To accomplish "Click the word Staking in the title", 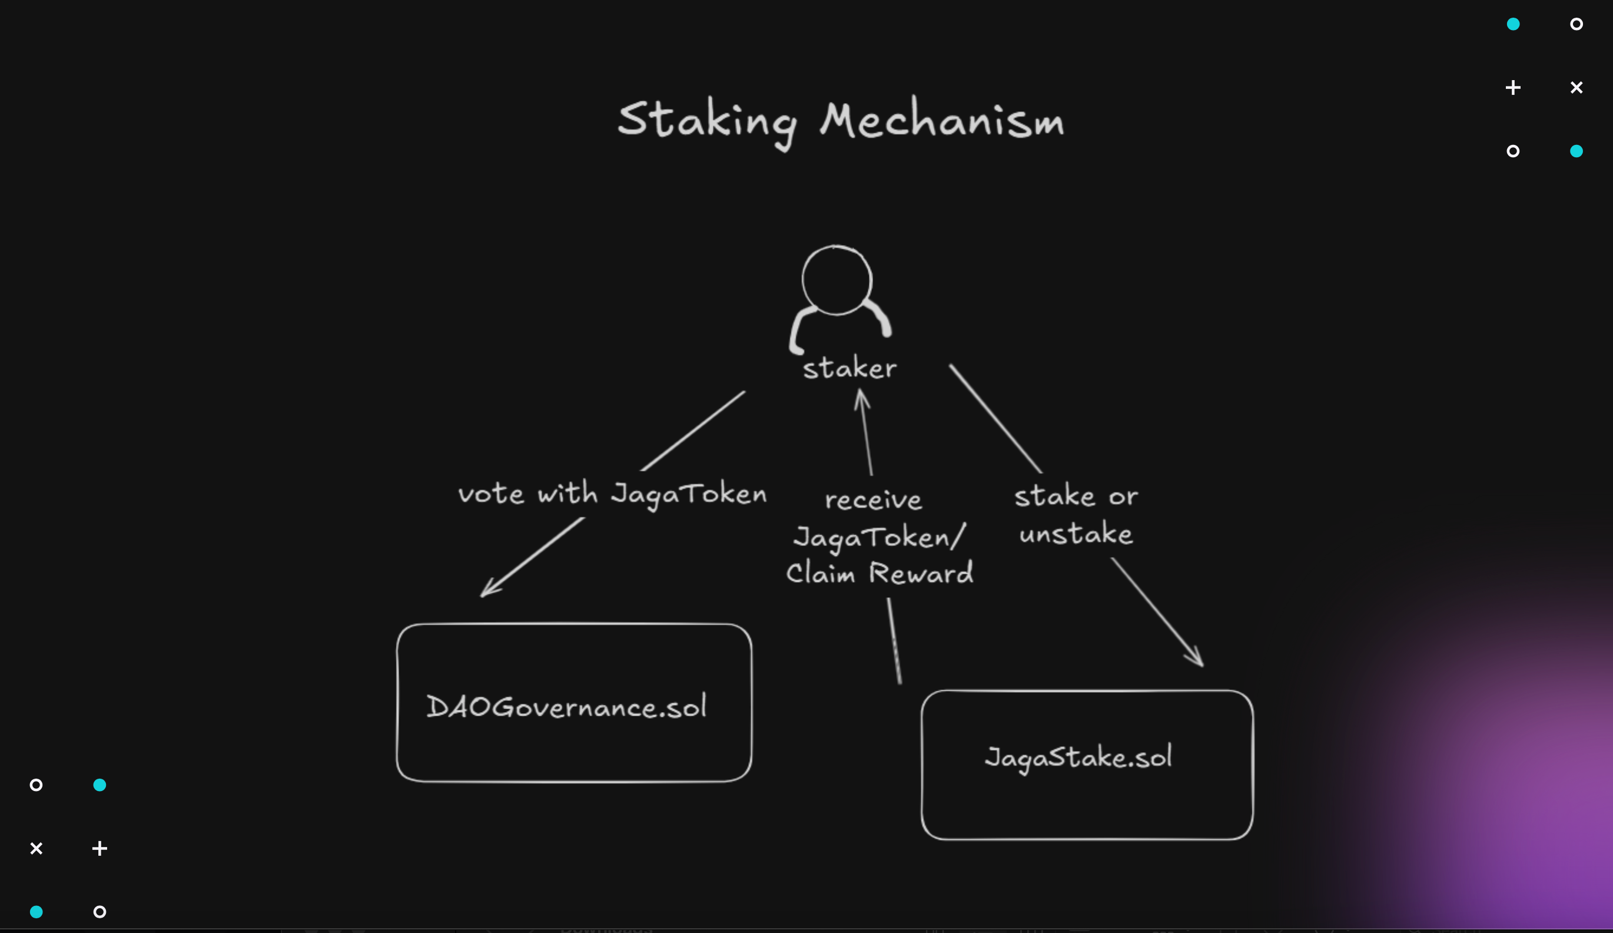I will (x=707, y=122).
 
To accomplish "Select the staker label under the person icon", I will (x=849, y=369).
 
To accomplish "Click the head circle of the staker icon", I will (x=837, y=280).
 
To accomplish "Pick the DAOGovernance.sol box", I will (x=573, y=703).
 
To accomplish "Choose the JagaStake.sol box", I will (x=1087, y=764).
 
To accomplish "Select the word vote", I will (x=491, y=494).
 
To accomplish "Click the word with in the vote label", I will (x=567, y=493).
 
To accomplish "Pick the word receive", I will (x=873, y=500).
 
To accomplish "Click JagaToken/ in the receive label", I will (x=878, y=537).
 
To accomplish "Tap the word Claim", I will (x=820, y=573).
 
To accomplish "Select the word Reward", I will (x=921, y=573).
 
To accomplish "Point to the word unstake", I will (x=1076, y=534).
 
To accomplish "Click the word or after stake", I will (x=1123, y=497).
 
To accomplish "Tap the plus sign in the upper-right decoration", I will (x=1513, y=88).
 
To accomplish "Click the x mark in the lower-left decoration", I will (x=36, y=848).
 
